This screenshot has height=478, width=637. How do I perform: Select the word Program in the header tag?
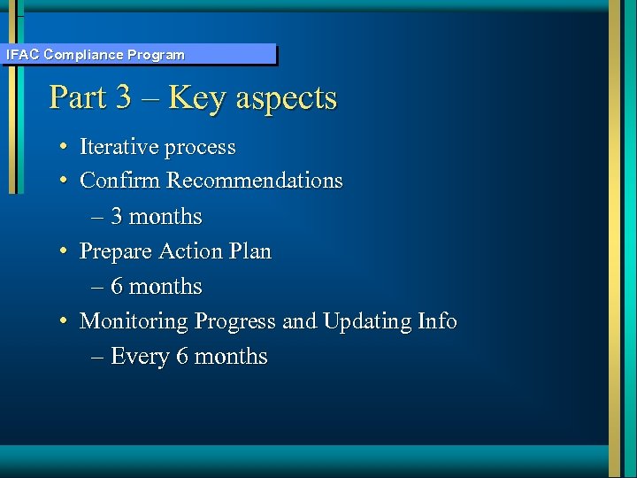[x=156, y=55]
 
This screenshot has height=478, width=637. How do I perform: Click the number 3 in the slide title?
[x=123, y=97]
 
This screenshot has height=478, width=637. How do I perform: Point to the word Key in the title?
[x=196, y=97]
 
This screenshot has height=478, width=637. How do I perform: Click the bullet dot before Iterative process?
[x=65, y=147]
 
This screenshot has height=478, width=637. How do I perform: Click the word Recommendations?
[x=255, y=181]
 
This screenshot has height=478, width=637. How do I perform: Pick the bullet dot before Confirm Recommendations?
[x=65, y=181]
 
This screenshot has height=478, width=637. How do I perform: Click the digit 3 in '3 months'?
[x=117, y=217]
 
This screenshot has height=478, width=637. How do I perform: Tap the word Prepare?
[x=116, y=252]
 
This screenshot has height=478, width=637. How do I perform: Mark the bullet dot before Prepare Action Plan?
[x=65, y=251]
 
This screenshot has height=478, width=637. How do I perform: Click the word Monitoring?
[x=134, y=322]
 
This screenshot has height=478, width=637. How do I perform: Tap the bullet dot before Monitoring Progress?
[x=65, y=321]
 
